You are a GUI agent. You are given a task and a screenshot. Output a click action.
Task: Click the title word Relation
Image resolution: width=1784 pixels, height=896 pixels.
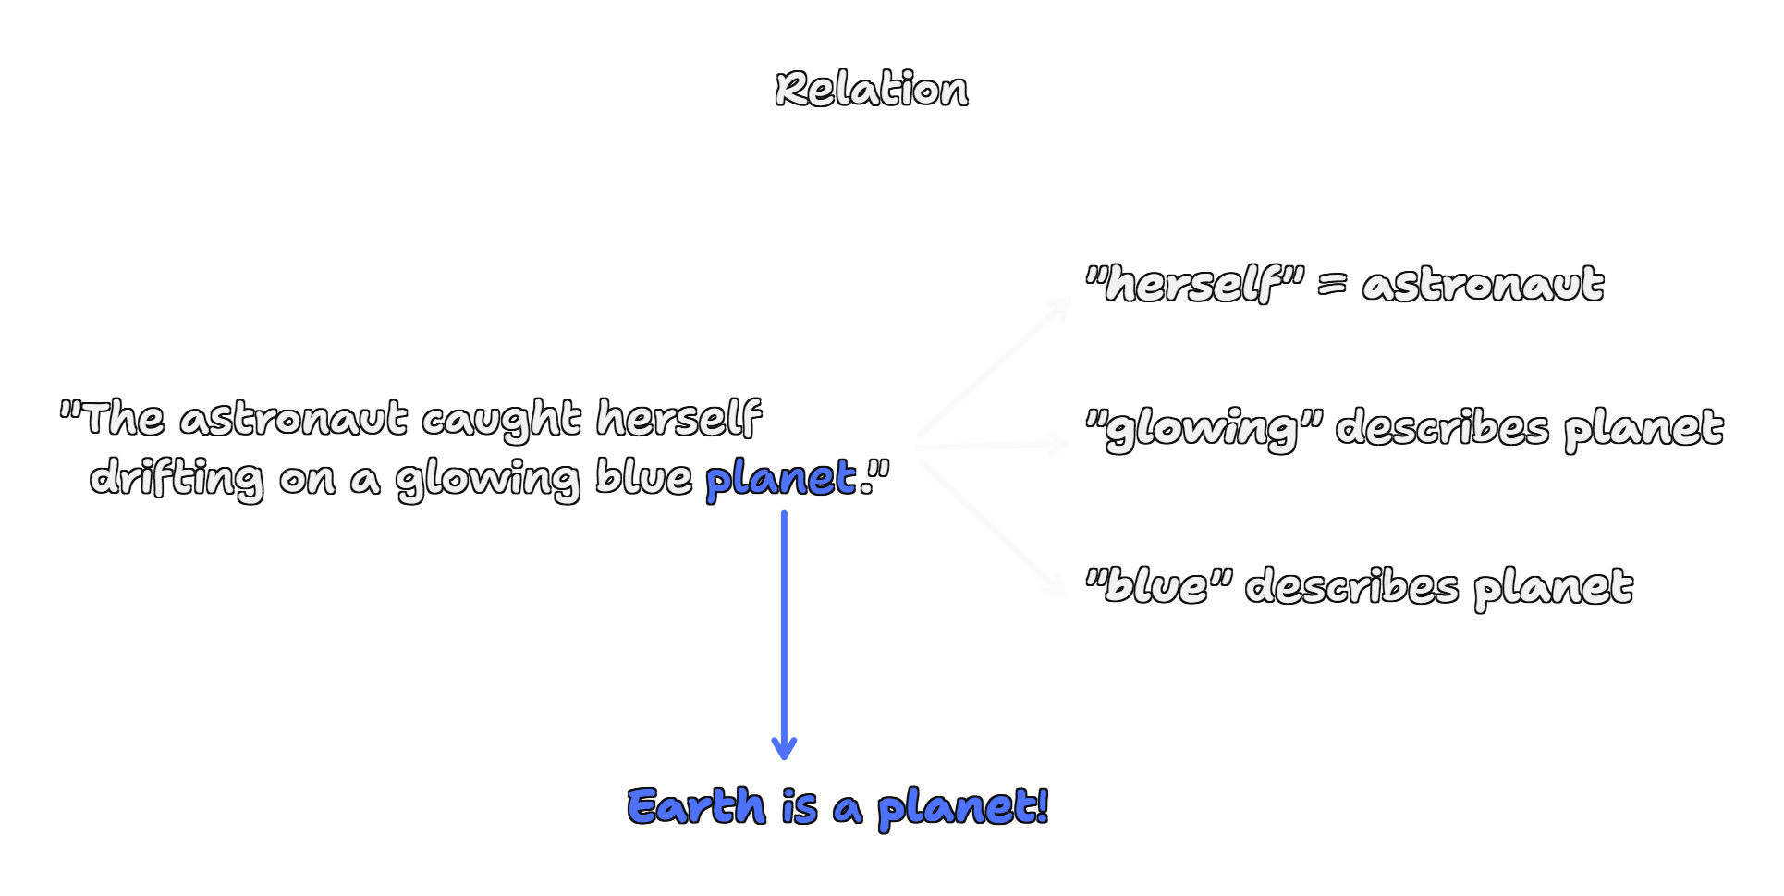pos(872,90)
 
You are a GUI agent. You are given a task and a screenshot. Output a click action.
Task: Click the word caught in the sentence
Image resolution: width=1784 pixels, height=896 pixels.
pos(501,421)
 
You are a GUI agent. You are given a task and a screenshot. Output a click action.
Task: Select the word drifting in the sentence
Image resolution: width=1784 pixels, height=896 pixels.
pos(177,479)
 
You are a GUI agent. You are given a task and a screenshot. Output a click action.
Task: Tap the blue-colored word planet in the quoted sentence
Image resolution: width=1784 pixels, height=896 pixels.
pos(781,479)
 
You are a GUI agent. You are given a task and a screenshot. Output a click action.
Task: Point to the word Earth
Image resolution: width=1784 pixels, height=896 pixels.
pos(697,806)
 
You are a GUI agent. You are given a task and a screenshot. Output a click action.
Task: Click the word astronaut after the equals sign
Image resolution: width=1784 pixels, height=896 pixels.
pos(1483,284)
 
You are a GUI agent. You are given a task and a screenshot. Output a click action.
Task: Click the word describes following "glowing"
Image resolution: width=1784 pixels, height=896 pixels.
pos(1442,428)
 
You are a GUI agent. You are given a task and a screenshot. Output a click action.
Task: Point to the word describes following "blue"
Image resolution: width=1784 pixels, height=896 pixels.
pos(1351,586)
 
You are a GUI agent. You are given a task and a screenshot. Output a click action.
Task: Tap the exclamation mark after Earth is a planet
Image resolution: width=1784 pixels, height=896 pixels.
pos(1042,804)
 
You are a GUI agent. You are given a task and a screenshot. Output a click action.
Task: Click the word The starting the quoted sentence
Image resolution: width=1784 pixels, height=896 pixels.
pos(124,419)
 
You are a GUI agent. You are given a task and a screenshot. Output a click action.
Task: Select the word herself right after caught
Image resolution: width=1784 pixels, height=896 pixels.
pos(678,418)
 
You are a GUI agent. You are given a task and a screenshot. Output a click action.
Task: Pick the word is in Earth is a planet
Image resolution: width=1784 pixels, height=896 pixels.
pos(800,807)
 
